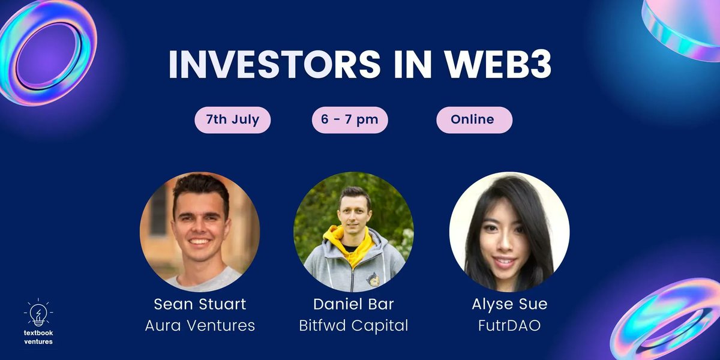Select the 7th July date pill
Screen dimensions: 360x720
(x=233, y=119)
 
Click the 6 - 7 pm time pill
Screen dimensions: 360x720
(x=350, y=119)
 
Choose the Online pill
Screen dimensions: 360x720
(x=474, y=119)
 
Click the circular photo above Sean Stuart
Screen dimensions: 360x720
(x=200, y=232)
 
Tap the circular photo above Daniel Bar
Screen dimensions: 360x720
(x=353, y=232)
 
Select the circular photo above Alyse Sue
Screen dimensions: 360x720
(x=509, y=232)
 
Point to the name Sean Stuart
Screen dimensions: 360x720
(x=200, y=304)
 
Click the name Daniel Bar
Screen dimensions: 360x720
(x=353, y=304)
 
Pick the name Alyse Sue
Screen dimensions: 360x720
(x=509, y=304)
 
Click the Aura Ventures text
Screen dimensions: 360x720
(x=200, y=326)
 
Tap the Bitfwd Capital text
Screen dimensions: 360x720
(x=353, y=326)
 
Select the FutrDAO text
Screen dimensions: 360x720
(x=509, y=326)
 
